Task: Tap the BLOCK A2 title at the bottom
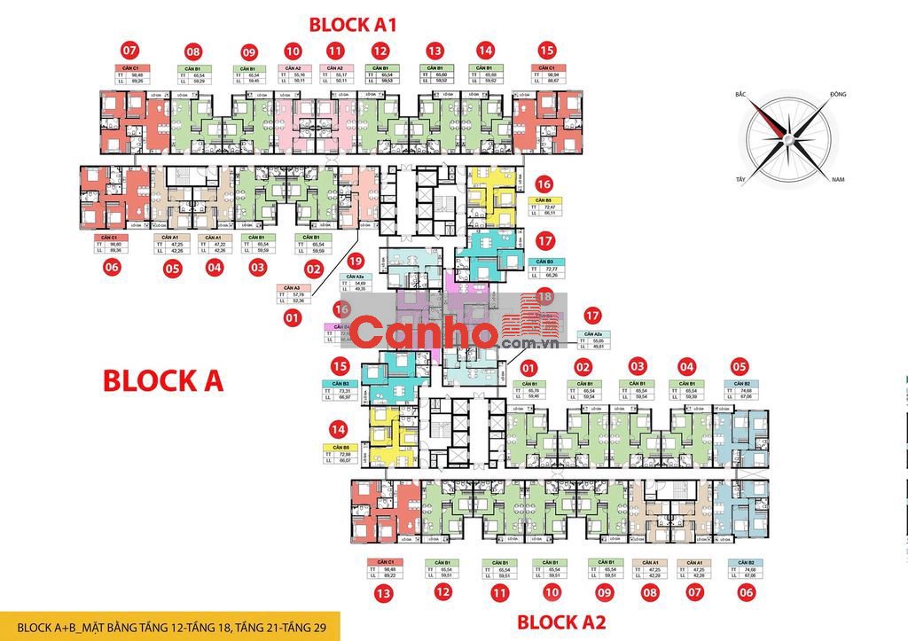pos(560,622)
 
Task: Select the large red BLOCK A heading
pos(163,380)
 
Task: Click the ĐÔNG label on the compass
pos(839,94)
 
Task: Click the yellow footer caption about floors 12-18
pos(169,625)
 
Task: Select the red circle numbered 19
pos(356,261)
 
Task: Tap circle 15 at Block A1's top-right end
pos(547,51)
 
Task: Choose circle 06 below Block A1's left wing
pos(110,267)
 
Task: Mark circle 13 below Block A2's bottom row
pos(384,592)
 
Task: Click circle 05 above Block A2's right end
pos(740,365)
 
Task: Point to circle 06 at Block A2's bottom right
pos(740,592)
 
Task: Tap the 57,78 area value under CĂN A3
pos(297,294)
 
